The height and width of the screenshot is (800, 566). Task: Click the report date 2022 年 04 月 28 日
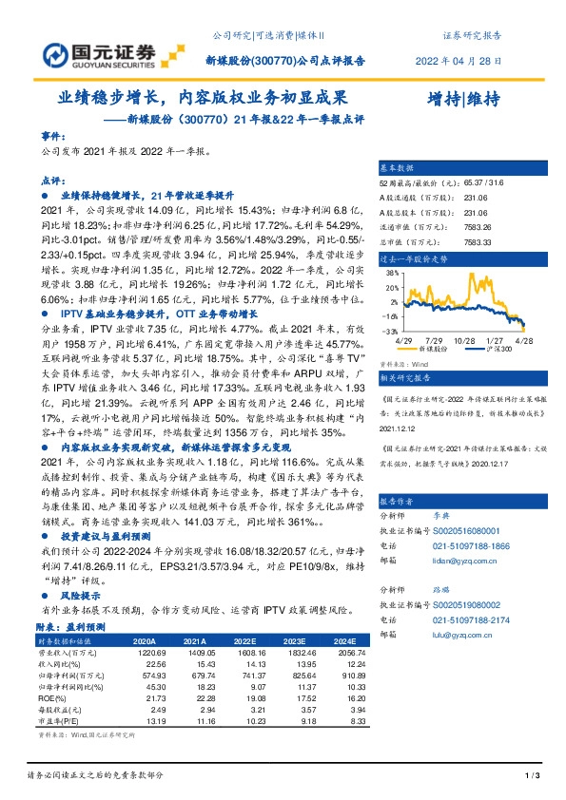tap(459, 59)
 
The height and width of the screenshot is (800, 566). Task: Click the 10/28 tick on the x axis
tap(464, 338)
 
